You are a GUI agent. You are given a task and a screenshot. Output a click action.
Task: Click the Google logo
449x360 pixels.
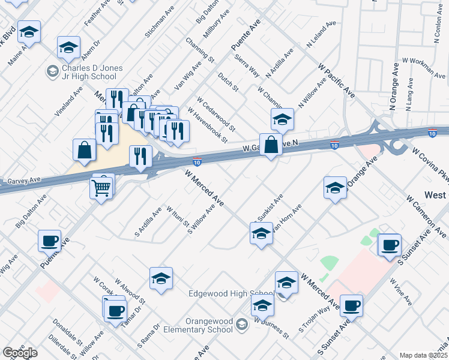[20, 353]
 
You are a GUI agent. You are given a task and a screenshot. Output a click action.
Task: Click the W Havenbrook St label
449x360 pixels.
[208, 125]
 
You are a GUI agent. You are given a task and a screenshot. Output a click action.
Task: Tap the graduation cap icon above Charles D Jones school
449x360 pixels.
[69, 47]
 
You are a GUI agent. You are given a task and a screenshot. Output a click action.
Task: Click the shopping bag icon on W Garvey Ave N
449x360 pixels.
[271, 145]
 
